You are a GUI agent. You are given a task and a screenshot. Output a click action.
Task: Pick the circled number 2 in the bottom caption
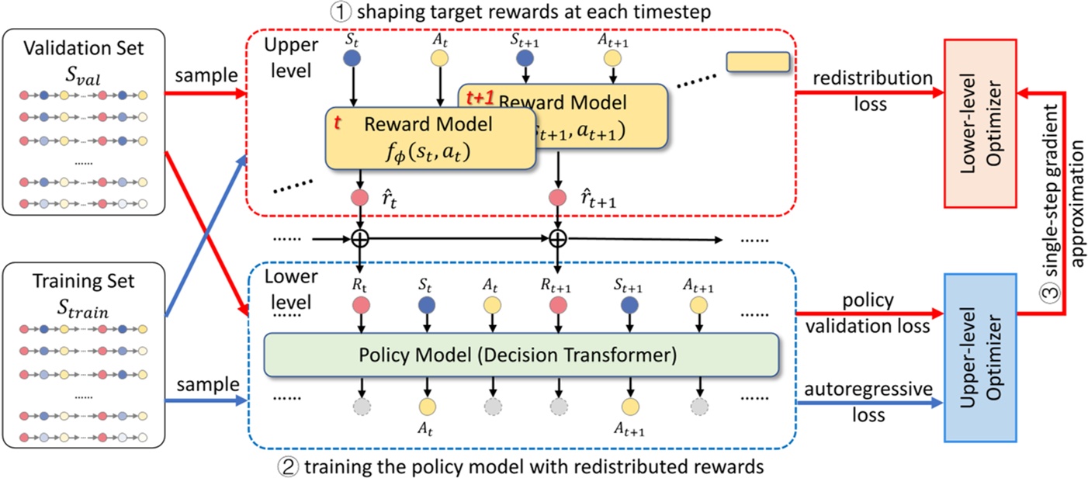[286, 466]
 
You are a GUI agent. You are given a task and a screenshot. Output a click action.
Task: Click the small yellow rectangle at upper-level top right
[757, 62]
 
